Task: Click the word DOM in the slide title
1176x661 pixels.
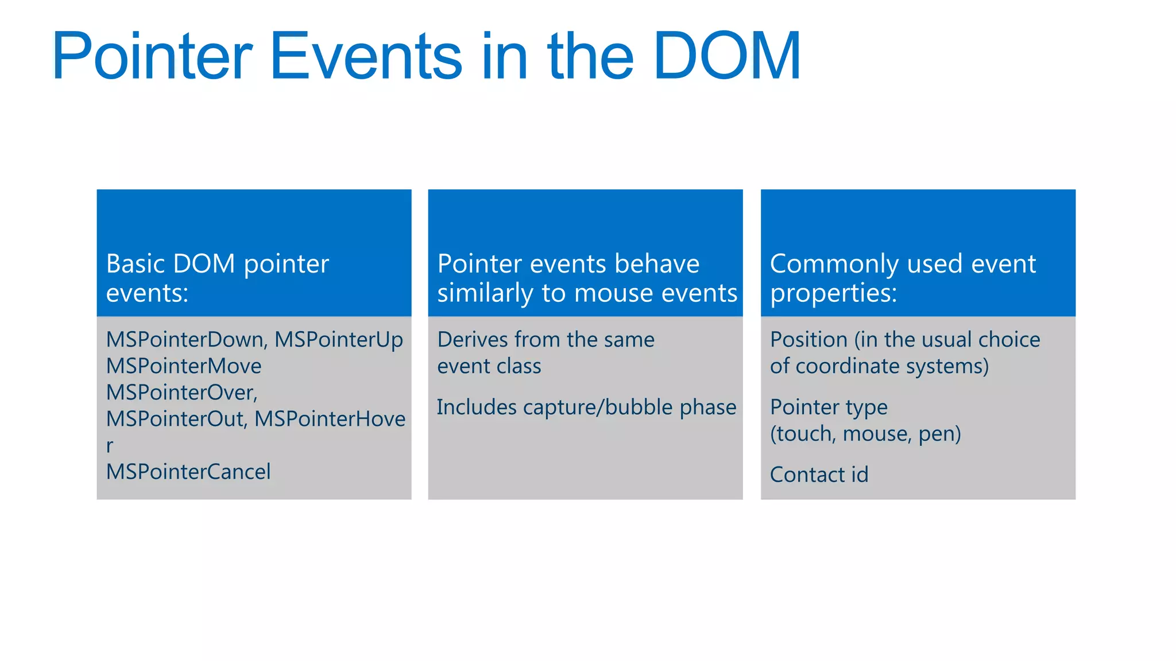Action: [x=727, y=56]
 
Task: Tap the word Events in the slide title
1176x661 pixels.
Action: [x=366, y=56]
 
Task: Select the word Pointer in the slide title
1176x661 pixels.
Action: [x=152, y=56]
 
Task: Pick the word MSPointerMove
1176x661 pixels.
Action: [x=184, y=366]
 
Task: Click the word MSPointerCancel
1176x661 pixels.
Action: [x=188, y=472]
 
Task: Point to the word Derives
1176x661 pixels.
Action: [x=473, y=340]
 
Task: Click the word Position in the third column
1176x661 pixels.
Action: [x=808, y=340]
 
